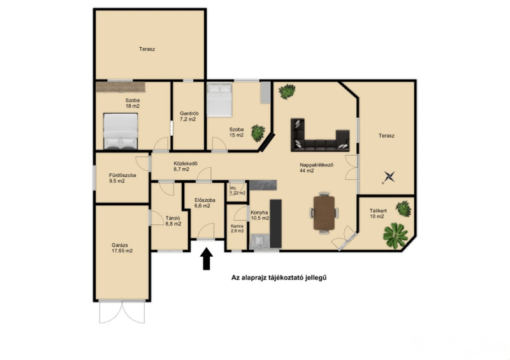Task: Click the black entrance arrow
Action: pyautogui.click(x=206, y=259)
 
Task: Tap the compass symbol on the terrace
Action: pyautogui.click(x=389, y=177)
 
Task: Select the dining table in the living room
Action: pyautogui.click(x=324, y=213)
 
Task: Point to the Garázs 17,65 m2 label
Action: pyautogui.click(x=122, y=248)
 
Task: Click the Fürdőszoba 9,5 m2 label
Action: pyautogui.click(x=122, y=178)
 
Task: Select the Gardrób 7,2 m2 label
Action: pyautogui.click(x=189, y=117)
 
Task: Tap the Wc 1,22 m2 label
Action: pyautogui.click(x=237, y=191)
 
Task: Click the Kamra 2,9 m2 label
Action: pyautogui.click(x=237, y=228)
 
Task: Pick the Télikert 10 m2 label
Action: pyautogui.click(x=378, y=213)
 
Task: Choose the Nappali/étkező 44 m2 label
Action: pyautogui.click(x=316, y=168)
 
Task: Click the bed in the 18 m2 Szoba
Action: pyautogui.click(x=121, y=131)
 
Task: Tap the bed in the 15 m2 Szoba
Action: pyautogui.click(x=219, y=99)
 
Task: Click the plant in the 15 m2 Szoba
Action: pyautogui.click(x=258, y=133)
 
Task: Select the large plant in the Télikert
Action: pyautogui.click(x=395, y=236)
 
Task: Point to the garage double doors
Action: pyautogui.click(x=122, y=312)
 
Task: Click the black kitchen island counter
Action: pyautogui.click(x=276, y=224)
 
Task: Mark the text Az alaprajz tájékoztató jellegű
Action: pyautogui.click(x=279, y=278)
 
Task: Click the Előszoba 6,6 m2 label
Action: pyautogui.click(x=205, y=203)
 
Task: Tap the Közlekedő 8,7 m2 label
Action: pyautogui.click(x=186, y=166)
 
